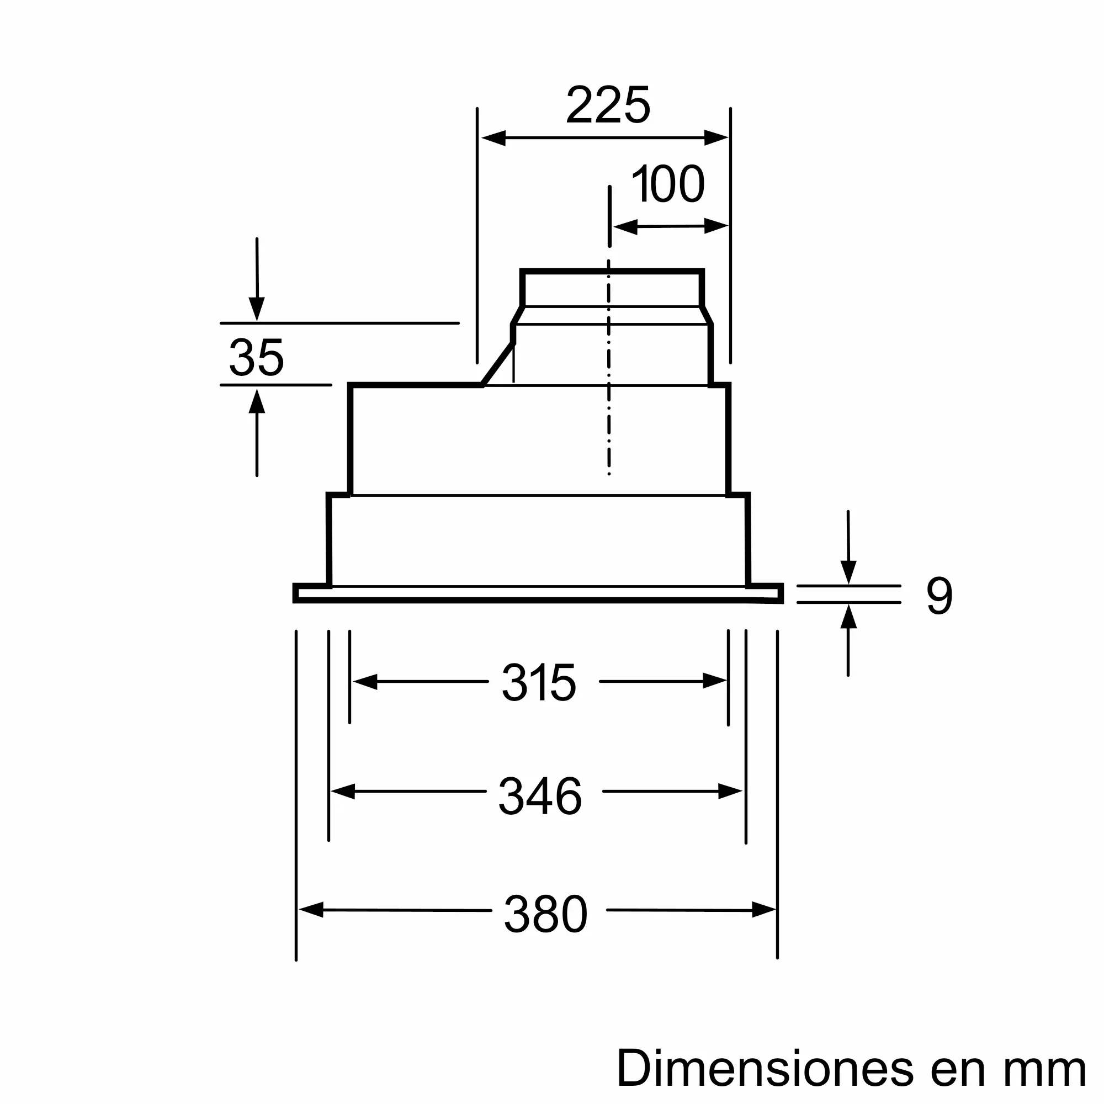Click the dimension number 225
click(608, 105)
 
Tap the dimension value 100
click(668, 183)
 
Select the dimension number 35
click(256, 357)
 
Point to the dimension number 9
click(940, 596)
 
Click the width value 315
click(539, 682)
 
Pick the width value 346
click(540, 796)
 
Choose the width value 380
click(546, 914)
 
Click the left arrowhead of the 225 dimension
click(493, 137)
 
